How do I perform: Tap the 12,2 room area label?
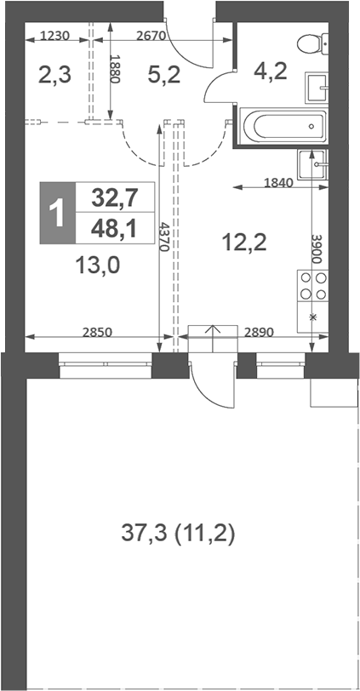244,243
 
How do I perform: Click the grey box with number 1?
58,212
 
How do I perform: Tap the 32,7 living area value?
115,197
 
